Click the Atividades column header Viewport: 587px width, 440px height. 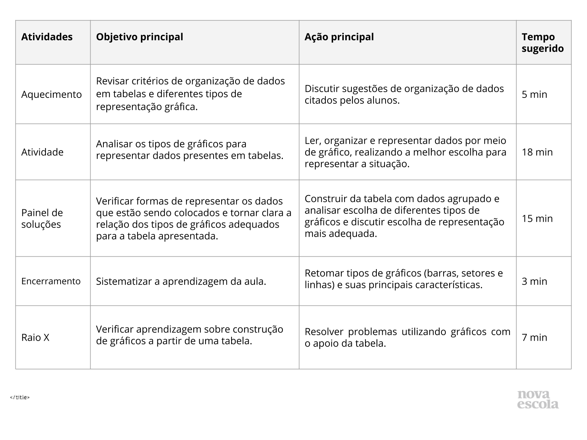(47, 37)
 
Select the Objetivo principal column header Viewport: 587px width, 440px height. (139, 37)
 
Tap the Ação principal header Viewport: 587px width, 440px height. (339, 37)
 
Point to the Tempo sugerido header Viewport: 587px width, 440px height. (543, 43)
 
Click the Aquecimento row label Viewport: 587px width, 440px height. (51, 95)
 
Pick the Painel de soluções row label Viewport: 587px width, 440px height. (42, 219)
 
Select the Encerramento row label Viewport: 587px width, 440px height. (51, 281)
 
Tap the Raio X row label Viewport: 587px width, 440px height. (35, 337)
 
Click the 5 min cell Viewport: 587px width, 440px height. (534, 95)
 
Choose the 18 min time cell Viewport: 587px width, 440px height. (537, 152)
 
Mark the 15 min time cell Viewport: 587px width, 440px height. (537, 219)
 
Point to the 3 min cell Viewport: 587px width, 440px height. (534, 281)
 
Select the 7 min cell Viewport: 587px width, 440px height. (534, 337)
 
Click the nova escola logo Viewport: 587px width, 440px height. (538, 399)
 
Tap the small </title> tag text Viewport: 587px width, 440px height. (20, 397)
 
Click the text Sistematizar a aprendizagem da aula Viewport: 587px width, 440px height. (181, 282)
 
